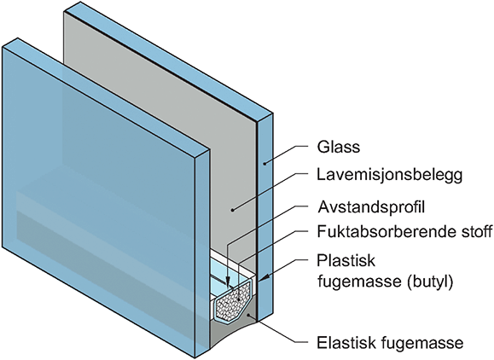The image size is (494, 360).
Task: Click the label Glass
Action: [339, 147]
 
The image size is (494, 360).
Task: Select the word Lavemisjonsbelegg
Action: [390, 175]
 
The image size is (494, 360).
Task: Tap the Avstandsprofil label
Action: [371, 207]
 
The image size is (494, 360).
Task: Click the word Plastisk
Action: [346, 261]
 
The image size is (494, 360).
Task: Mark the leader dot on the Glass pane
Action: [265, 163]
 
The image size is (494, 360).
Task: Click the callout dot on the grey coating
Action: [232, 210]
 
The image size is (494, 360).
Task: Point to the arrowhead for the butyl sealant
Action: [264, 278]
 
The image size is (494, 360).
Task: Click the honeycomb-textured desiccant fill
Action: [232, 302]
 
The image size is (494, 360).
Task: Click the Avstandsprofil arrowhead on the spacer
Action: [228, 282]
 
